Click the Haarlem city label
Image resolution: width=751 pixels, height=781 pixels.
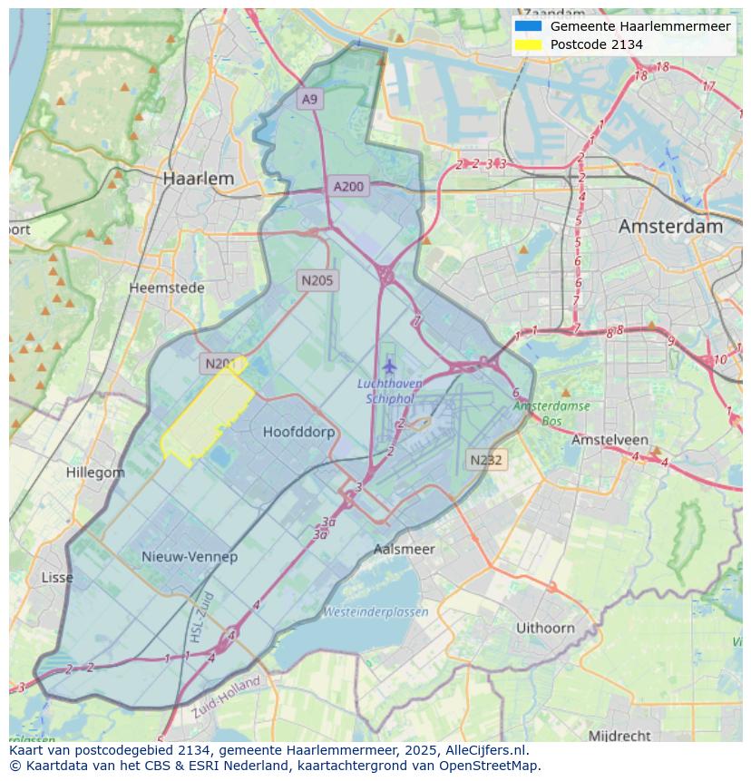(x=198, y=179)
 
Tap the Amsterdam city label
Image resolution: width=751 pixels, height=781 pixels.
(x=670, y=227)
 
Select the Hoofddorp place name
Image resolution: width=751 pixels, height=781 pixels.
(x=298, y=432)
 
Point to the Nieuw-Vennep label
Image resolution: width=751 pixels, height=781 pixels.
(x=190, y=556)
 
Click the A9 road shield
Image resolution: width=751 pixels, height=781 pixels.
(x=310, y=99)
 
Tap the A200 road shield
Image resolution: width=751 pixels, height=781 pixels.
(x=348, y=187)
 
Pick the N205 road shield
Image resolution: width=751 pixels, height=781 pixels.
(x=317, y=280)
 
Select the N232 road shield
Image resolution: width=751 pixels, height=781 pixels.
(x=485, y=460)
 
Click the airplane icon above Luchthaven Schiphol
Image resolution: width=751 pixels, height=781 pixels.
(x=390, y=366)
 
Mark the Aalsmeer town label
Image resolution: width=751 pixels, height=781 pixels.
(x=405, y=549)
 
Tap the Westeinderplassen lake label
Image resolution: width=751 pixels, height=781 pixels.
(x=376, y=611)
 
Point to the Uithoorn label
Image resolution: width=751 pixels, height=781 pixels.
(x=545, y=628)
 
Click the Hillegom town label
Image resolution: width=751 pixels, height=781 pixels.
(x=95, y=473)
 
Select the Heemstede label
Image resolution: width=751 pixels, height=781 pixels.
(x=167, y=288)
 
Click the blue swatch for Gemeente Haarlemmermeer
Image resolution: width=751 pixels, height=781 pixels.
(x=527, y=26)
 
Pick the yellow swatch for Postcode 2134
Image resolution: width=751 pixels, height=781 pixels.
(x=527, y=44)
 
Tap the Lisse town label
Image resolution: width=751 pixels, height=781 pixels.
(x=57, y=577)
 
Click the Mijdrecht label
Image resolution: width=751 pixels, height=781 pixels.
(x=619, y=735)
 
